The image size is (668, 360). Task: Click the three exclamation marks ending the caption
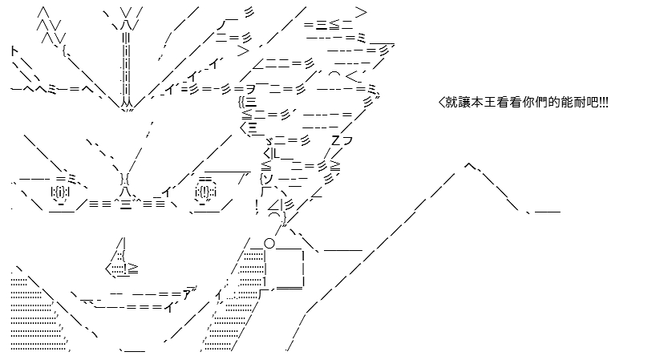[604, 103]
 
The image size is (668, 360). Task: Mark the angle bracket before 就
[441, 103]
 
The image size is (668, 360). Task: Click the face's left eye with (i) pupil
[60, 193]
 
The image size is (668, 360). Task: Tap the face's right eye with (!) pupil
[206, 192]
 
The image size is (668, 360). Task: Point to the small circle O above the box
[269, 243]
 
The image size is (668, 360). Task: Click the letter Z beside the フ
[336, 140]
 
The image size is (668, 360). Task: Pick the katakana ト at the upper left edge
[15, 52]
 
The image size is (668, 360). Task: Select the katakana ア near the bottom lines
[188, 294]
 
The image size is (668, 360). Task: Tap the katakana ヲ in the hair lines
[250, 89]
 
